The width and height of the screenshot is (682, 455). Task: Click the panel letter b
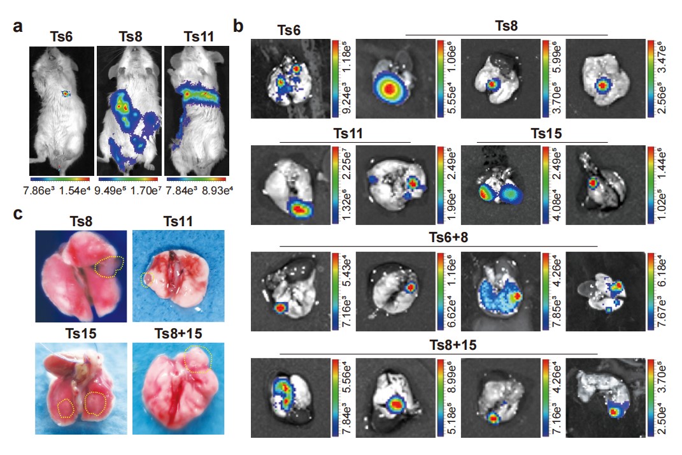pos(238,27)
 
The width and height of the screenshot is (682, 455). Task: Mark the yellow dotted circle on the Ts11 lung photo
pos(148,279)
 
